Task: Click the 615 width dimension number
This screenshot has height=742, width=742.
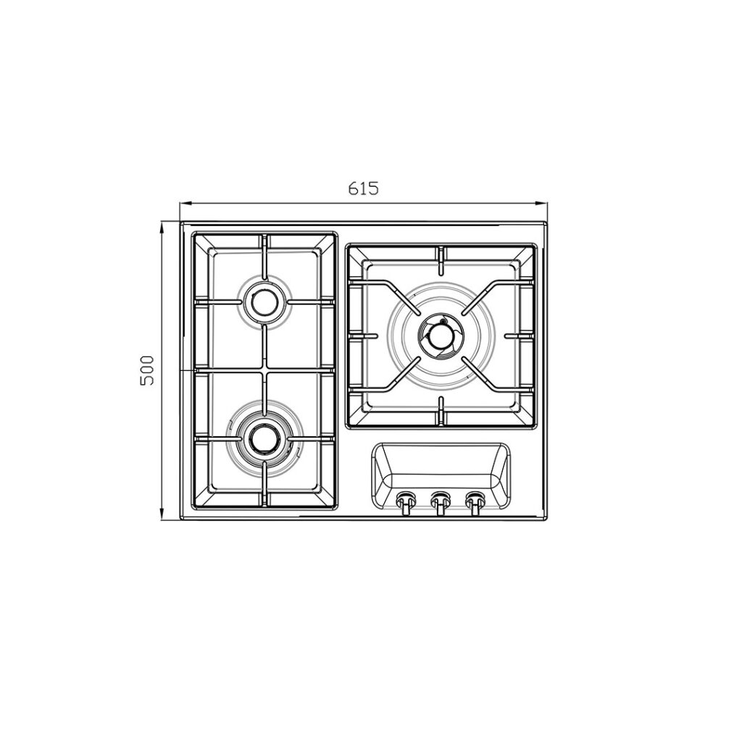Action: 364,188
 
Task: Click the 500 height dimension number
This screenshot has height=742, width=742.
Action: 147,370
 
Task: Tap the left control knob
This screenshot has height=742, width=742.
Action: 405,503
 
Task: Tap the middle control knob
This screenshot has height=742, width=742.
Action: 440,503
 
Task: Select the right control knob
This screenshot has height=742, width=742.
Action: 475,503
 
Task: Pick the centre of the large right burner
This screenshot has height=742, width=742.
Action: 441,336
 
